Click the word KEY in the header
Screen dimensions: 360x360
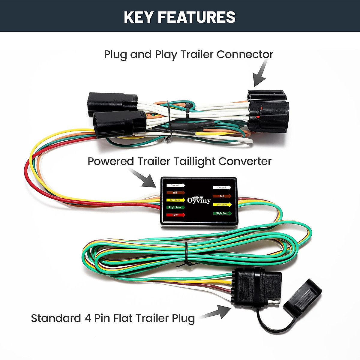coord(139,17)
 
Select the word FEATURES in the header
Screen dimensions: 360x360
coord(197,17)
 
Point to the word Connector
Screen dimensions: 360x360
coord(245,54)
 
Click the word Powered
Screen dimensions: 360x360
coord(111,161)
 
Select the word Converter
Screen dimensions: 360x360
coord(245,161)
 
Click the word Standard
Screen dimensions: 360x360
coord(56,318)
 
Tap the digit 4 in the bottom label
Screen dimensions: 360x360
coord(88,318)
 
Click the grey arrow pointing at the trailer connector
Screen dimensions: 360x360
coord(260,73)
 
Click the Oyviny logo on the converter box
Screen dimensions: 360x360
coord(199,200)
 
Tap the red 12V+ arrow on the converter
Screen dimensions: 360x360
coord(175,215)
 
